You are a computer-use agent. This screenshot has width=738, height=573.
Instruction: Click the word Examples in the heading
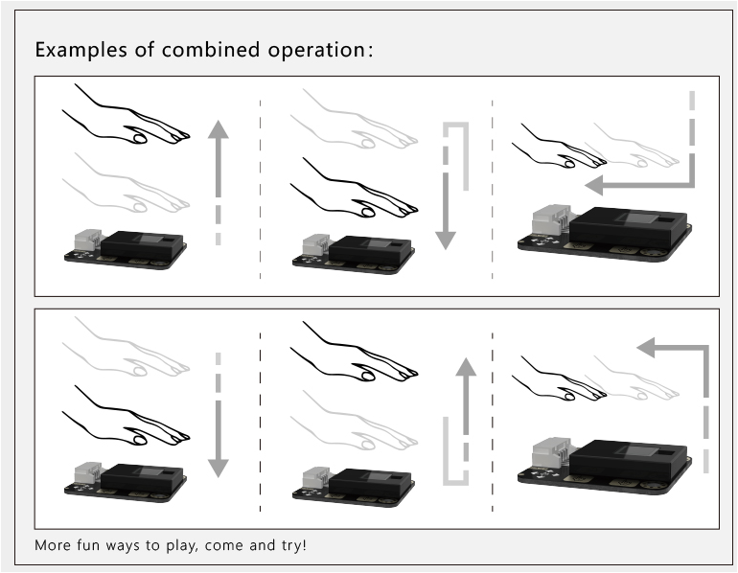(81, 50)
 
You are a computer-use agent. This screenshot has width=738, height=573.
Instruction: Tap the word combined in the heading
(211, 50)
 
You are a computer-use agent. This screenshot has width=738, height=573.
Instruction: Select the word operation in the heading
(316, 51)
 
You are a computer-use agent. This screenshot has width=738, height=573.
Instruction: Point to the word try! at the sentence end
(293, 546)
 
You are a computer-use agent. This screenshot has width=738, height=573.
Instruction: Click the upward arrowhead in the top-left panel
(219, 129)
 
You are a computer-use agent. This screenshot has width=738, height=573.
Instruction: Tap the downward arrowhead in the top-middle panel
(446, 241)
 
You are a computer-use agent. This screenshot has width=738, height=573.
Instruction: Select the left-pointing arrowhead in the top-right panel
(594, 185)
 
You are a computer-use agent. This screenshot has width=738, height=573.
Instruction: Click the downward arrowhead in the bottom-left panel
(218, 469)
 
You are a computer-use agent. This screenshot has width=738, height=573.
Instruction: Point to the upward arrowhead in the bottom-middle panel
(466, 366)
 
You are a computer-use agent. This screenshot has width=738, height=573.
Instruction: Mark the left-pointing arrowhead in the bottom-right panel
(646, 347)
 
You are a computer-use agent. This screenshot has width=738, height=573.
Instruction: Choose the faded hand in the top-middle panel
(354, 119)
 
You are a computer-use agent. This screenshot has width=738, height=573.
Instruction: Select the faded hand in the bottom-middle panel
(354, 420)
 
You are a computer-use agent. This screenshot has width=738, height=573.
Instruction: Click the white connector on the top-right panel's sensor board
(552, 219)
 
